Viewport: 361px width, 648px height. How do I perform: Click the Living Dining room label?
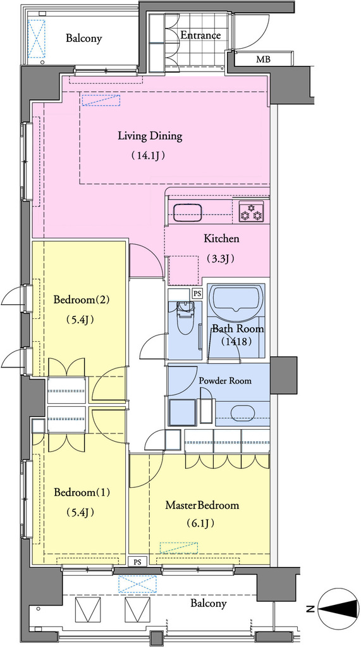pyautogui.click(x=150, y=136)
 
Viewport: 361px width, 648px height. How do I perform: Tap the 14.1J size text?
pyautogui.click(x=149, y=156)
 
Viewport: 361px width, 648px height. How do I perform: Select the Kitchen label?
pyautogui.click(x=221, y=239)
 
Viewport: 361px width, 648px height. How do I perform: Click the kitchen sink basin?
pyautogui.click(x=188, y=213)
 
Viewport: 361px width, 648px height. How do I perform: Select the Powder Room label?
pyautogui.click(x=225, y=380)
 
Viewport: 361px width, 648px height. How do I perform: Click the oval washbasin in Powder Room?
pyautogui.click(x=242, y=413)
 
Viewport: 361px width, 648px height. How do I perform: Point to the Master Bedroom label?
pyautogui.click(x=202, y=505)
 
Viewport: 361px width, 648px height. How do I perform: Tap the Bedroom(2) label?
pyautogui.click(x=82, y=299)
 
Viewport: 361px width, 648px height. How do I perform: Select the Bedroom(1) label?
pyautogui.click(x=82, y=492)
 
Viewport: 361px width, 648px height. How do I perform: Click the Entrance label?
pyautogui.click(x=201, y=35)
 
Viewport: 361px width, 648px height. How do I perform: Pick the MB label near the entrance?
pyautogui.click(x=263, y=59)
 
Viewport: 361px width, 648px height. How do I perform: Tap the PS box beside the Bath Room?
pyautogui.click(x=197, y=294)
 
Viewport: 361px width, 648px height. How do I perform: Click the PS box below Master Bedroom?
pyautogui.click(x=138, y=562)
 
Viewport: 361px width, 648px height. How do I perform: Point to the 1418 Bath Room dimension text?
pyautogui.click(x=236, y=342)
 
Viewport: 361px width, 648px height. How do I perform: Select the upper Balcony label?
pyautogui.click(x=84, y=39)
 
